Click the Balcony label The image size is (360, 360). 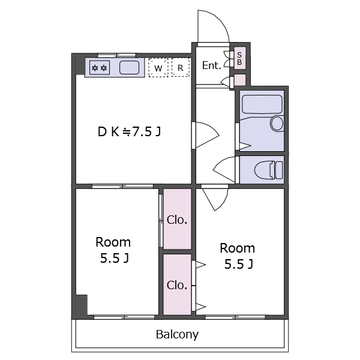coord(177,335)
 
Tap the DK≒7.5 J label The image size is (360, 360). coord(129,132)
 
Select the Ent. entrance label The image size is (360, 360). coord(211,65)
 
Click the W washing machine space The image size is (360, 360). coord(158,67)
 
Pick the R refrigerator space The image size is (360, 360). coord(181,67)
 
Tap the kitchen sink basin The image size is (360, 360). coord(129,67)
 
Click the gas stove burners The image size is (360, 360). coord(99,67)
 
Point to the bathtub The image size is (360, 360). coord(262,104)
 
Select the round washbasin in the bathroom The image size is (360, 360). coord(277,123)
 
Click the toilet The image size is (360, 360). coord(268,170)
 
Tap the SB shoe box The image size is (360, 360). coord(239,58)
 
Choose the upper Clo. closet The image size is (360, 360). coord(177,219)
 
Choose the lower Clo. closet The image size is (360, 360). coord(177,284)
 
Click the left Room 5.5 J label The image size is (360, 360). coord(113,250)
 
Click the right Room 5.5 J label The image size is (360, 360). coord(238,256)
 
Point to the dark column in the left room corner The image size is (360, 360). coord(82,305)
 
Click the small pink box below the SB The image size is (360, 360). coord(239,80)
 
